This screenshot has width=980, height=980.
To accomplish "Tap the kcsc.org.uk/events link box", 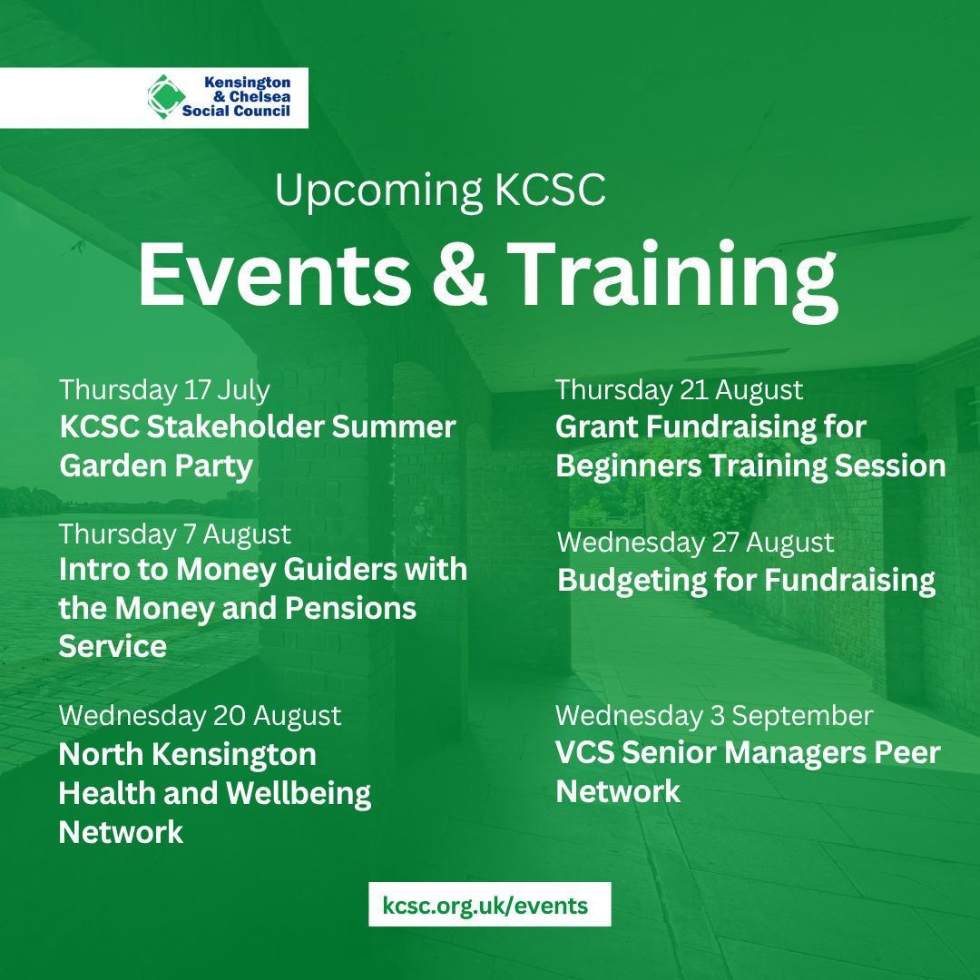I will coord(489,905).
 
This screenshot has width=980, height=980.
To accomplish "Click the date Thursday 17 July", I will coord(164,389).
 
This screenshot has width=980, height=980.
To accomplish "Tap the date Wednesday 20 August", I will coord(200,715).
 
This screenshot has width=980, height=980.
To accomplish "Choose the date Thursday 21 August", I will coord(679,389).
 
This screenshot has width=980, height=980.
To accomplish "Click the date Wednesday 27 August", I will coord(694,542).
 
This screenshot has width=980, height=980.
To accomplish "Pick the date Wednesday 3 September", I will coord(713,715).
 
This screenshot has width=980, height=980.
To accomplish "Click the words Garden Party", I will coord(155,465).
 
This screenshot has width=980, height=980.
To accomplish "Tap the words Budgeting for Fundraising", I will coord(746,580).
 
